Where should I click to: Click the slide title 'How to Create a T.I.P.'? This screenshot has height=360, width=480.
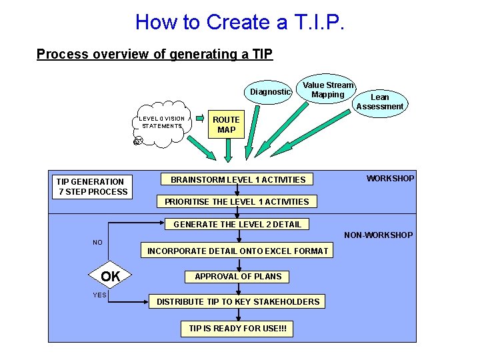[x=240, y=22]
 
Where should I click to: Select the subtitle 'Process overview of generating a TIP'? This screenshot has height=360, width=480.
[x=155, y=54]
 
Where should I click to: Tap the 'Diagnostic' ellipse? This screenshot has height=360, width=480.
[x=270, y=92]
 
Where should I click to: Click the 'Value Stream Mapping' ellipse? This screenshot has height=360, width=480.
[x=328, y=90]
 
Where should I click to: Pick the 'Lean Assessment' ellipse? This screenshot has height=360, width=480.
[x=379, y=102]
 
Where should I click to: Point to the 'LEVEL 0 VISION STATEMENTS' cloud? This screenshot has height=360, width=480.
[x=161, y=123]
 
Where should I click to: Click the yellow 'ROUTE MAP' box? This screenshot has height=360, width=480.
[x=226, y=125]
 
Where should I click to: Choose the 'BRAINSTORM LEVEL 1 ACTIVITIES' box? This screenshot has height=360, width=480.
[x=238, y=179]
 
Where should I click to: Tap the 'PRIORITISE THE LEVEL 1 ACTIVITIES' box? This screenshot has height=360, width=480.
[x=237, y=201]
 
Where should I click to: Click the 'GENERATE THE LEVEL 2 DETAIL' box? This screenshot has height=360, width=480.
[x=237, y=225]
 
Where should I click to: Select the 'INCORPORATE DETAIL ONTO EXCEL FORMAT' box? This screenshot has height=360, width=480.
[x=237, y=251]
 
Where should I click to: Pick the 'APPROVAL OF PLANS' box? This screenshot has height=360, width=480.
[x=238, y=277]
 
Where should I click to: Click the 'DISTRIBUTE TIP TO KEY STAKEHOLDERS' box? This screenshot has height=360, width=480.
[x=238, y=302]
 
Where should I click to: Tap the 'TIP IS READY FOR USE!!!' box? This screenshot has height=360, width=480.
[x=237, y=329]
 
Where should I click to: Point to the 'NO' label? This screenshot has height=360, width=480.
[x=98, y=243]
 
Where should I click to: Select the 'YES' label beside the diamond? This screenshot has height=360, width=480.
[x=99, y=295]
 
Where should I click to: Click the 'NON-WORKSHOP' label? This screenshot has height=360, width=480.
[x=378, y=235]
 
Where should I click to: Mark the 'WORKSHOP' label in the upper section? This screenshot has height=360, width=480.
[x=390, y=179]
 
